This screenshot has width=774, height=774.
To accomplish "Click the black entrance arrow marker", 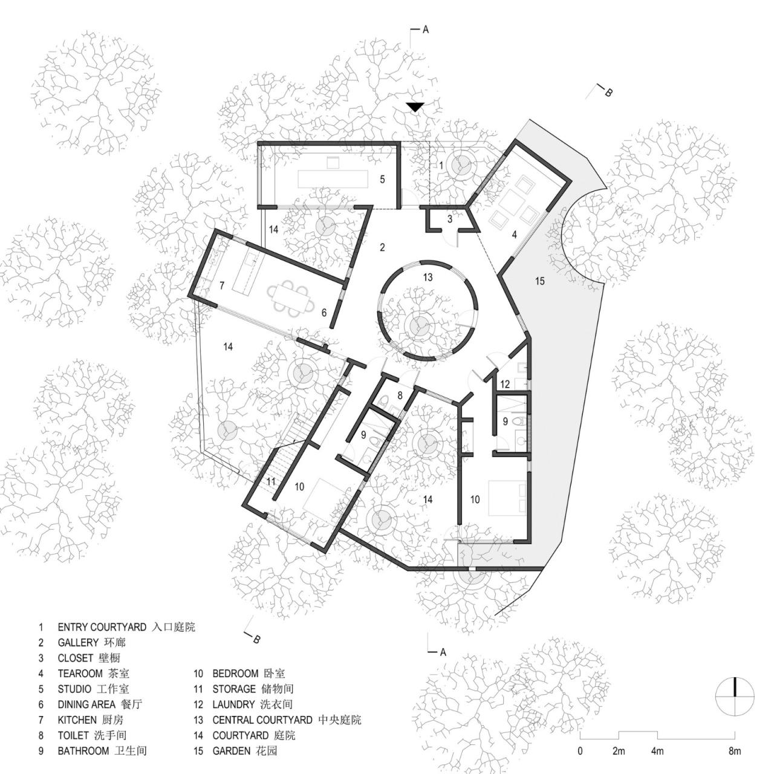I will tap(414, 107).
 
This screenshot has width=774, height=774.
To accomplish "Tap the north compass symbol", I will tap(735, 696).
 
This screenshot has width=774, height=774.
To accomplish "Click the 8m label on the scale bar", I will tap(735, 752).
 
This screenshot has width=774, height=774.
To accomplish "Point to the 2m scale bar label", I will tap(619, 752).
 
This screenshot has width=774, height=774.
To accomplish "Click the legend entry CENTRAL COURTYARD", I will tap(262, 720).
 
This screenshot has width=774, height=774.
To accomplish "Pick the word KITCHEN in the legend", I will tap(77, 720).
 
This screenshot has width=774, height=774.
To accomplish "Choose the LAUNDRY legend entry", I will tap(233, 704).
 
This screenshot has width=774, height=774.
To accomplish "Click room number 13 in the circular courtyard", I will tap(428, 278).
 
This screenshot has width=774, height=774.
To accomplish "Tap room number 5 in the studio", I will tap(382, 179).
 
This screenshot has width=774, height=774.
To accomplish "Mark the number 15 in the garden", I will tap(540, 281).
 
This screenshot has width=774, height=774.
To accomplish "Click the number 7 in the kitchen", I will tap(222, 285).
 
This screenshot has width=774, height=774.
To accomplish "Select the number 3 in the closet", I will tap(450, 219).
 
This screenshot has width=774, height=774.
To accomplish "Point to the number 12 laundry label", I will tap(505, 383).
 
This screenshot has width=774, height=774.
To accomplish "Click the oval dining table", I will tap(291, 299).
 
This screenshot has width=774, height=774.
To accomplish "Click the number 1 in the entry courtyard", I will tap(441, 165).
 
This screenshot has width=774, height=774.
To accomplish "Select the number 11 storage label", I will tap(271, 482).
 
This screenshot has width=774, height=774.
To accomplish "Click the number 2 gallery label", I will tap(382, 247).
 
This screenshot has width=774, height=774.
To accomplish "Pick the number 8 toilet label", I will tap(400, 395).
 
